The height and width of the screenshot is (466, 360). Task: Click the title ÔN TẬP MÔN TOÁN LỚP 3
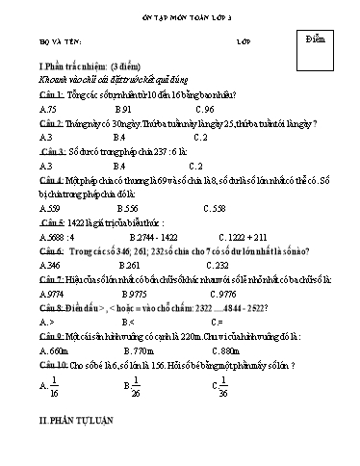coord(180,13)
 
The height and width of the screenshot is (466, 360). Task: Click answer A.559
coord(50,207)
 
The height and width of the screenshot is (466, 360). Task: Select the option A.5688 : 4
coord(56,235)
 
